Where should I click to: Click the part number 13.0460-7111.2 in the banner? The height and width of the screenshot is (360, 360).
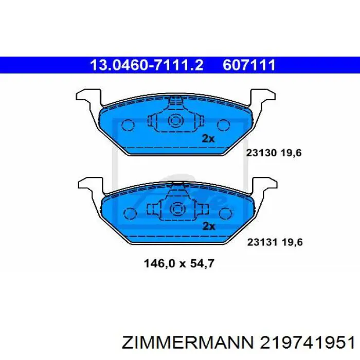(147, 65)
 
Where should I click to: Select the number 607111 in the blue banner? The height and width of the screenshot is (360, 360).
(249, 65)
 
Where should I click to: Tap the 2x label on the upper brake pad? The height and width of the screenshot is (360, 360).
(208, 138)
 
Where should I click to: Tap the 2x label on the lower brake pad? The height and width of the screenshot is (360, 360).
(209, 226)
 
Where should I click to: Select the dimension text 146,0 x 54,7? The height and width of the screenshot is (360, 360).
(178, 264)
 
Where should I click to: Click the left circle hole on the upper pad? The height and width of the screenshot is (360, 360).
(127, 125)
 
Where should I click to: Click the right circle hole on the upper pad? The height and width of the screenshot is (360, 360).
(223, 125)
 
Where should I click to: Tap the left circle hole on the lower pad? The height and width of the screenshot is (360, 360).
(129, 212)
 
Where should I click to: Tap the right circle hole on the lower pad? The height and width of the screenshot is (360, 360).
(225, 212)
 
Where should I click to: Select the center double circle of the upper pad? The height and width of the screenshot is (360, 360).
(175, 122)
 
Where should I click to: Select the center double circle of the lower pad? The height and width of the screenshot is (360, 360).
(177, 209)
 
